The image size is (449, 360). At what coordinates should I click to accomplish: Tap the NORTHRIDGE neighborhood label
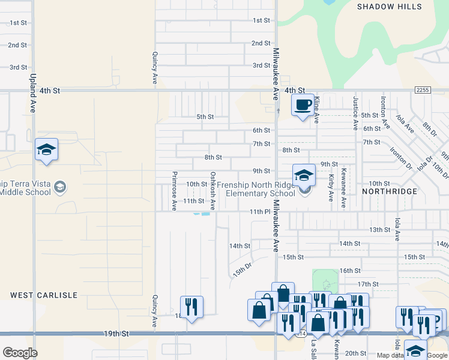(x=390, y=191)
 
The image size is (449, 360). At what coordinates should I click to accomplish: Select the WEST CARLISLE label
(x=44, y=295)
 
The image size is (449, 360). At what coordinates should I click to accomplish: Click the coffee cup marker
(x=303, y=105)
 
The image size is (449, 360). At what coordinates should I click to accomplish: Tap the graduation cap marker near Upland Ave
(x=46, y=150)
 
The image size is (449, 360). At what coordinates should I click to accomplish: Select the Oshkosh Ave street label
(x=212, y=191)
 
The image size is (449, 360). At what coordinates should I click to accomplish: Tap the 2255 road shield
(x=422, y=89)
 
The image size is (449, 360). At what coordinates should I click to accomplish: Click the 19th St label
(x=116, y=333)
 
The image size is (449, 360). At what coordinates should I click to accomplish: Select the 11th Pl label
(x=259, y=212)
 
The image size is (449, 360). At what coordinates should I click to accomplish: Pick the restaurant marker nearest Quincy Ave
(x=191, y=306)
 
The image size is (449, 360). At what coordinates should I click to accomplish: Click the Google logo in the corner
(x=20, y=353)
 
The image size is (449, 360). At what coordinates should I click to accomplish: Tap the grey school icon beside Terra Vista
(x=59, y=187)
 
